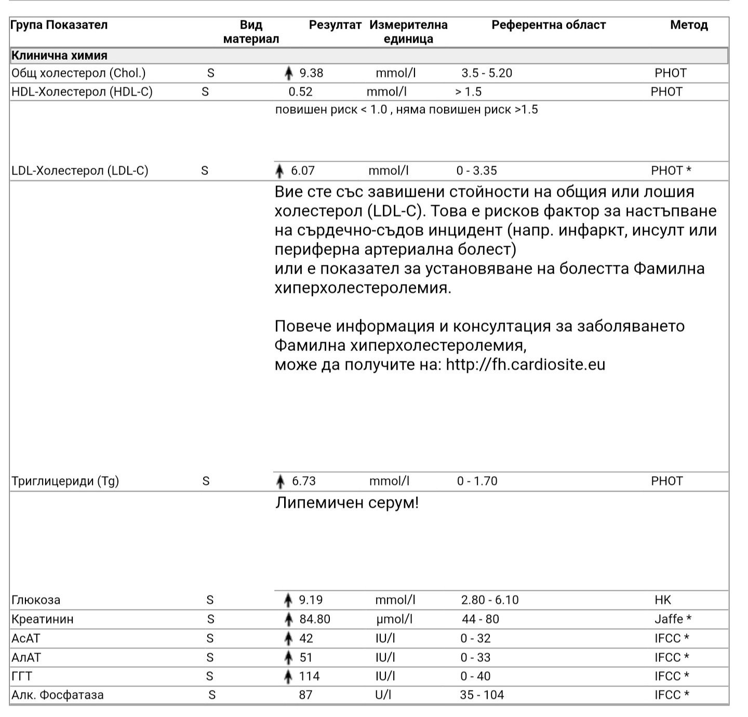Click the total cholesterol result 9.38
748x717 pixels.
[x=311, y=73]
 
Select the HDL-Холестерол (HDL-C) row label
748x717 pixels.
[x=82, y=92]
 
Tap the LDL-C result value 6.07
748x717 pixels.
[x=303, y=171]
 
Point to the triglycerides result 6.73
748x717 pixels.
[x=304, y=481]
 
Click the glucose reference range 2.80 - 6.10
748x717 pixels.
[x=490, y=600]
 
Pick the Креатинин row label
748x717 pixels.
[x=43, y=619]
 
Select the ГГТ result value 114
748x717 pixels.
[x=309, y=677]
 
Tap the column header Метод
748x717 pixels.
[x=689, y=25]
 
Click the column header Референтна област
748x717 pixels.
[x=549, y=25]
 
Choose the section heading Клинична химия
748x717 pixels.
[x=59, y=56]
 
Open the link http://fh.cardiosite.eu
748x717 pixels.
[x=526, y=364]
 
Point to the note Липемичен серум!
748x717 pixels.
[x=346, y=503]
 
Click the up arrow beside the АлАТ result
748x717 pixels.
[x=289, y=658]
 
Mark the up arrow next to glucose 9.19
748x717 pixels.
[x=288, y=601]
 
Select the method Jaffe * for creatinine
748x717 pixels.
[x=673, y=619]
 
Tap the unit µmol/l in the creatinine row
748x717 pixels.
[x=394, y=619]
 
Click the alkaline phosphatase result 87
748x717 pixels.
[x=306, y=695]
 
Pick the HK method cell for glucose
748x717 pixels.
[x=663, y=600]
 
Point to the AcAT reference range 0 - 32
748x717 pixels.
[x=475, y=639]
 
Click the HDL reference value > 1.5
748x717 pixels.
[x=469, y=92]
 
